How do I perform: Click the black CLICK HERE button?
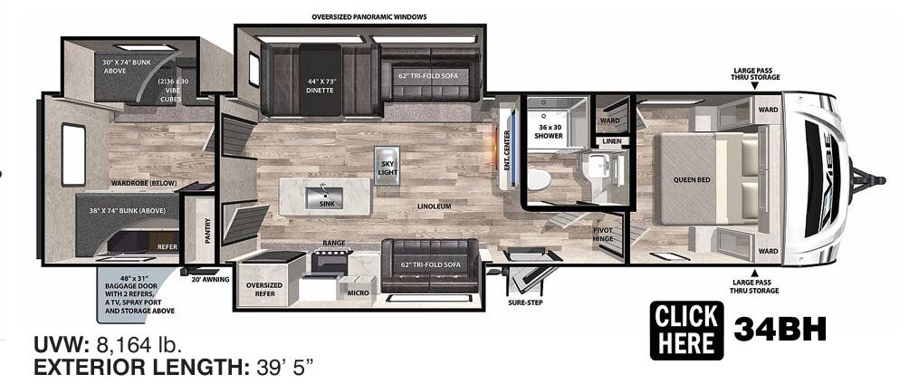686,330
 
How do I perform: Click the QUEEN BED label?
691,179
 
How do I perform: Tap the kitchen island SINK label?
325,203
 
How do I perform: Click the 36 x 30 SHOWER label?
550,131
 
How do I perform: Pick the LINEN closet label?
612,141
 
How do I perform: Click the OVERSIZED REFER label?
265,288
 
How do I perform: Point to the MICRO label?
357,293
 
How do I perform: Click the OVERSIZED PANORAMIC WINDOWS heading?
368,17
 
